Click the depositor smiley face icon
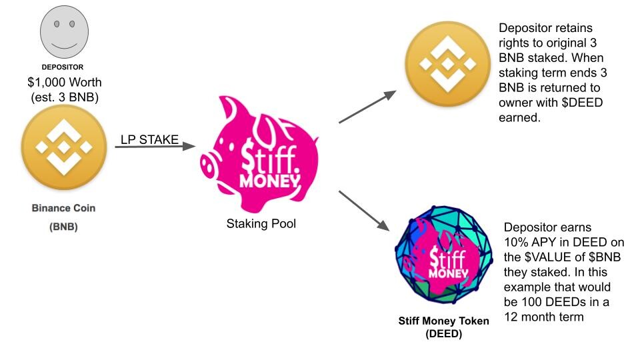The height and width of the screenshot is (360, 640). [x=64, y=32]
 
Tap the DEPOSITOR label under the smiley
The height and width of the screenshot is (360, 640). [x=63, y=67]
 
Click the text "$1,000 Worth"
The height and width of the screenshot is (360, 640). [x=65, y=83]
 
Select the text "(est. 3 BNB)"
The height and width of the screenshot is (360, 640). [x=65, y=97]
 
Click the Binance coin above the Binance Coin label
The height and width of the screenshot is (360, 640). [x=64, y=147]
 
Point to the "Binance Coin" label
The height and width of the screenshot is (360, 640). [x=64, y=208]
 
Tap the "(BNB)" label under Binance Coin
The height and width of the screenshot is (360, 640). [x=64, y=227]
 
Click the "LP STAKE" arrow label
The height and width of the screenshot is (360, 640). [x=149, y=139]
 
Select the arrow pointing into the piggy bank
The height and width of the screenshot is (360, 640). [x=155, y=146]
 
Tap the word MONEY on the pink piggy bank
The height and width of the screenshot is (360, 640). [x=270, y=181]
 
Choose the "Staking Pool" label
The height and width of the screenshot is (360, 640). [x=261, y=224]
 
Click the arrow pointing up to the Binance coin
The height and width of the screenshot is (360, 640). [x=367, y=107]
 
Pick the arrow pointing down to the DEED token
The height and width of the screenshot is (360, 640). [x=364, y=211]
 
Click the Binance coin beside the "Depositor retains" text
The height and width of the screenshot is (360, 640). [x=448, y=64]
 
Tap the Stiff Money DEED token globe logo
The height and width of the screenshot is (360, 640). [x=445, y=255]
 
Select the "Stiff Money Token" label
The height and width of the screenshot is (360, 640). [x=444, y=321]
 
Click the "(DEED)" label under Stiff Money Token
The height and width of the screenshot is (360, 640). [x=444, y=334]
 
